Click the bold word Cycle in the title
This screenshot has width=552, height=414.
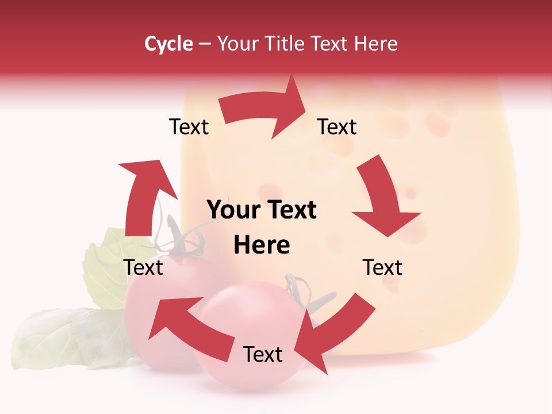pyautogui.click(x=168, y=44)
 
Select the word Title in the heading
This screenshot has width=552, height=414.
pyautogui.click(x=285, y=44)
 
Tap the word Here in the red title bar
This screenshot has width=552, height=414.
pyautogui.click(x=375, y=44)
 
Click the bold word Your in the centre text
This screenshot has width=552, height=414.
pyautogui.click(x=231, y=210)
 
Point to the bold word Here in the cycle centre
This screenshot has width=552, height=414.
pyautogui.click(x=262, y=246)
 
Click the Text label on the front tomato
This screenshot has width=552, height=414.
pyautogui.click(x=262, y=355)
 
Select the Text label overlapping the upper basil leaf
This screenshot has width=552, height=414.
pyautogui.click(x=144, y=267)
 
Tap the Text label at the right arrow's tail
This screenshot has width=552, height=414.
pyautogui.click(x=189, y=127)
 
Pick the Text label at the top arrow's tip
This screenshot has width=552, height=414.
pyautogui.click(x=337, y=127)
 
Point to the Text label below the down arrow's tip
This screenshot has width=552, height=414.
pyautogui.click(x=382, y=267)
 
